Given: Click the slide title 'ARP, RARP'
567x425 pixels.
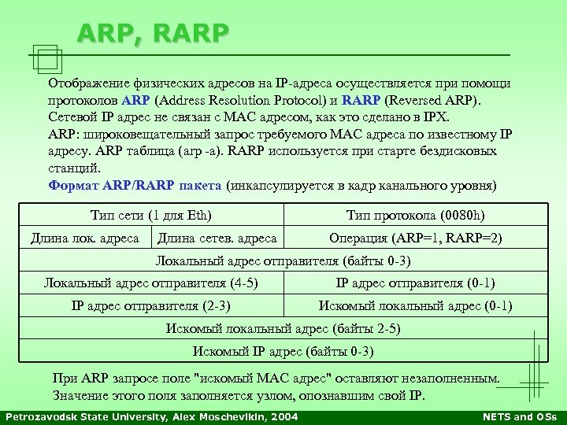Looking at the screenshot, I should (154, 33).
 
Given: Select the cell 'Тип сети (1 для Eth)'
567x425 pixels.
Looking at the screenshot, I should (151, 215).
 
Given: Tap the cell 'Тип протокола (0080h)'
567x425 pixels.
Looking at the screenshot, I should (415, 215).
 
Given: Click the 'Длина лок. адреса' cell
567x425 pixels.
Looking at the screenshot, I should (84, 238).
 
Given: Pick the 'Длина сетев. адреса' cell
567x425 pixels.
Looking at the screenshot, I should (217, 238).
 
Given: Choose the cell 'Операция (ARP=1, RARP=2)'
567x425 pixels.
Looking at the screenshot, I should (415, 238).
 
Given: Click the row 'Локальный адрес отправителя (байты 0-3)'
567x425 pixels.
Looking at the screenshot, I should (283, 261).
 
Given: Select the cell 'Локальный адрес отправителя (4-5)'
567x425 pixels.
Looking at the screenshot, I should (151, 283).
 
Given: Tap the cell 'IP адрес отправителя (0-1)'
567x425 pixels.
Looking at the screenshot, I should (415, 283).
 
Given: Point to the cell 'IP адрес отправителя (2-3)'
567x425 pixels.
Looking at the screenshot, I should (151, 306).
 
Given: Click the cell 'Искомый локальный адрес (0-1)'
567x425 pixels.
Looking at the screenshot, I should (415, 306).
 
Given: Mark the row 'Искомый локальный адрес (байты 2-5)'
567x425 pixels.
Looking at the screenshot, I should (283, 329).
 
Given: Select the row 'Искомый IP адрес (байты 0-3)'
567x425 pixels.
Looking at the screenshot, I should (283, 351).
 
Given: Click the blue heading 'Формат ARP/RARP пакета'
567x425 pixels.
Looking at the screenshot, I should (135, 187).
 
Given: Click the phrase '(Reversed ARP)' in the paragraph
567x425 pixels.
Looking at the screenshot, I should (444, 101).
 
